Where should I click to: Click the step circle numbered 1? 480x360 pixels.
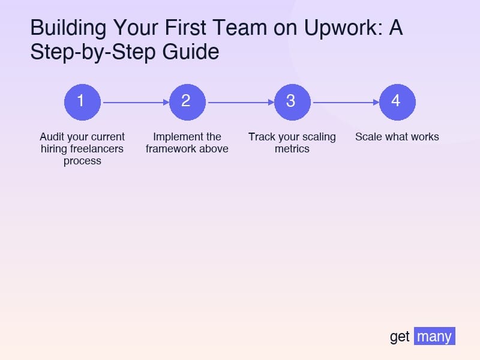(82, 102)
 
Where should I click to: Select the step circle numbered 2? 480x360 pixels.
(187, 102)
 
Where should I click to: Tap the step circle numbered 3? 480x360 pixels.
(292, 102)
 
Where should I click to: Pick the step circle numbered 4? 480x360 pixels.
(397, 102)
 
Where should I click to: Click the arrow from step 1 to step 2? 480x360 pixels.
(136, 102)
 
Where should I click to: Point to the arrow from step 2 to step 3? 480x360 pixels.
(241, 102)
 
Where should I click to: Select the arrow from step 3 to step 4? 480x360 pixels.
(346, 102)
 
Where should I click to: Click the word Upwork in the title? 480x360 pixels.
(343, 28)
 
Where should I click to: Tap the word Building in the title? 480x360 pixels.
(68, 28)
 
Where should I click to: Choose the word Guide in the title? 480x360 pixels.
(191, 52)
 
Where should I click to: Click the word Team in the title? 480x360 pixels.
(239, 28)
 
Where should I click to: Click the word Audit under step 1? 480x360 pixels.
(51, 137)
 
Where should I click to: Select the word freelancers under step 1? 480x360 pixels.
(97, 149)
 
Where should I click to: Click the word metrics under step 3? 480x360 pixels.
(292, 149)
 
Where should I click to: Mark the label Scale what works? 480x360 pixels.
(397, 137)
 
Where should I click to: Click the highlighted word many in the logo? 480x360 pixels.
(434, 336)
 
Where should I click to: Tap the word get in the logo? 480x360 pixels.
(400, 337)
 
